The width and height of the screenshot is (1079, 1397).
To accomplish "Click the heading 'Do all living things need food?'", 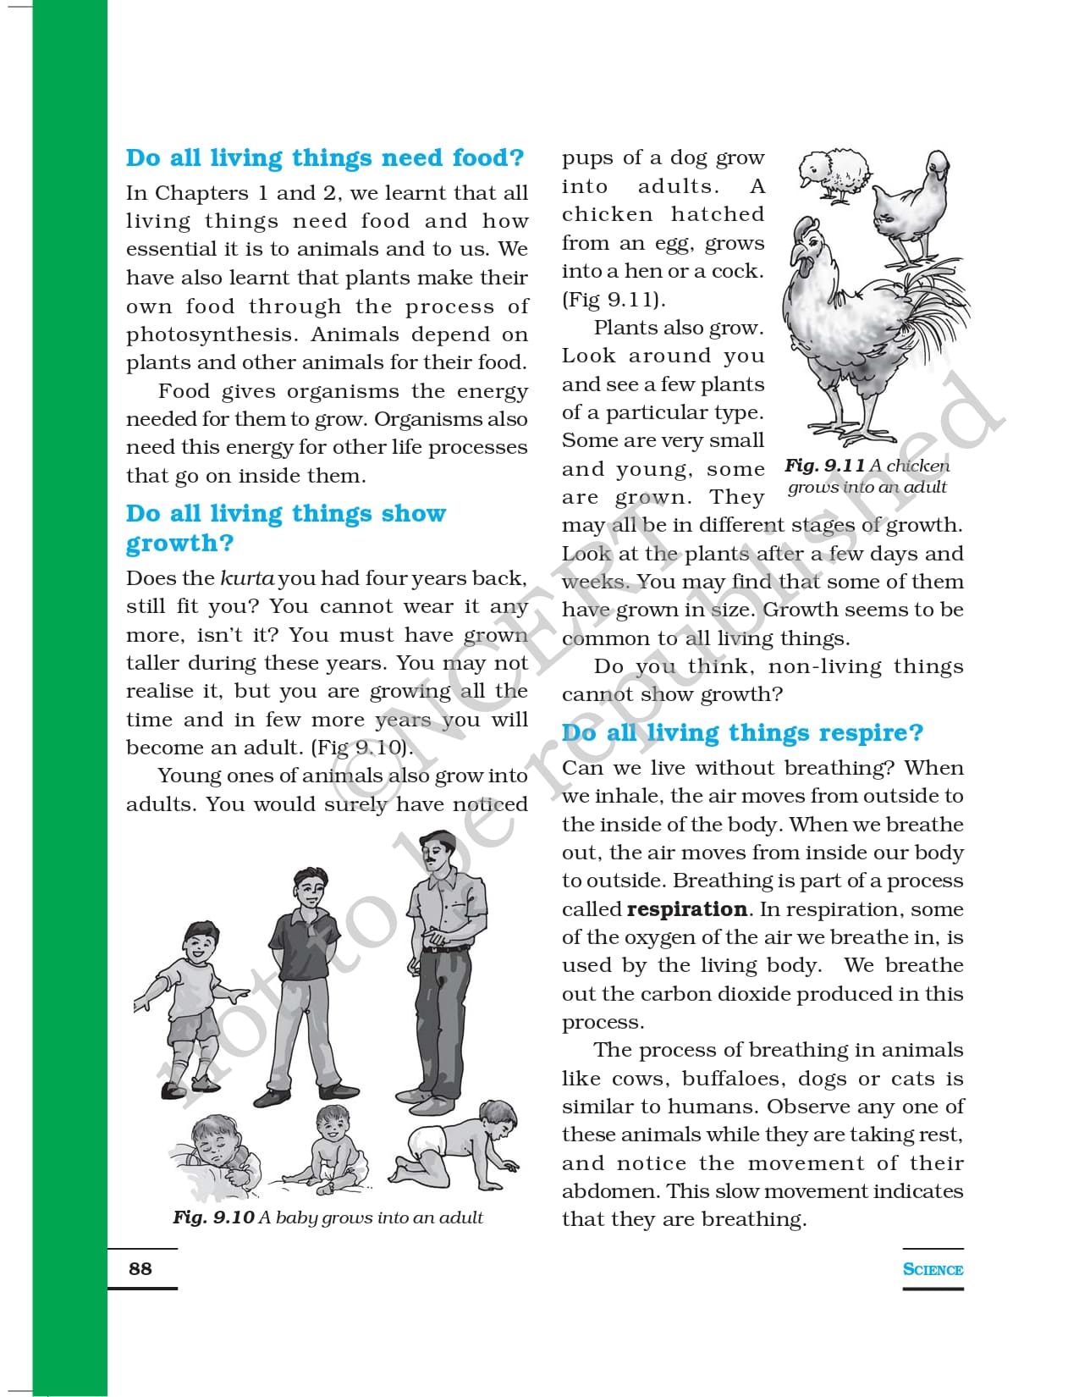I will pos(325,158).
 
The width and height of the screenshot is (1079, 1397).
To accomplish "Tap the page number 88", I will pos(140,1268).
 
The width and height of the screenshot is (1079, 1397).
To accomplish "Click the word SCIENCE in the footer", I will pos(933,1269).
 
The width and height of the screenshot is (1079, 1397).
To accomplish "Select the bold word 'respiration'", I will pos(686,909).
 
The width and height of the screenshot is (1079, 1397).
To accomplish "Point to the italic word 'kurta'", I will pos(246,578).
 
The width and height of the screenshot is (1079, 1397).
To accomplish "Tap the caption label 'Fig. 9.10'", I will pos(213,1218).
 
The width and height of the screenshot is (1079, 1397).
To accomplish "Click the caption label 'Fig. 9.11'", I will pos(824,466).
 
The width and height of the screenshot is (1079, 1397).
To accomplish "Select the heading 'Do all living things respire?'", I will pos(742,732).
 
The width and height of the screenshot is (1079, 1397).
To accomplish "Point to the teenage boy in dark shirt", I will pos(307,982).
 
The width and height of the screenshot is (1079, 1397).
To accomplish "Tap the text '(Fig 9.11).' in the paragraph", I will pos(614,300).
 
